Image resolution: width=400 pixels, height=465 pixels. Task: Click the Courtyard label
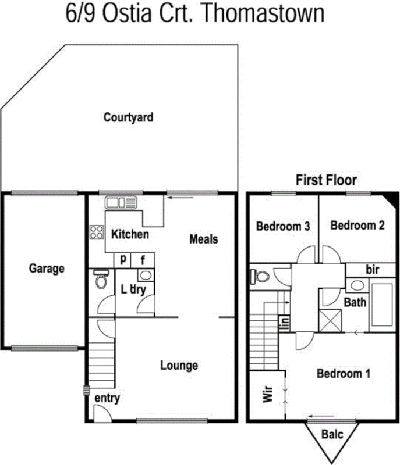tap(128, 117)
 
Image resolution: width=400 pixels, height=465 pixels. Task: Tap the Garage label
tap(47, 269)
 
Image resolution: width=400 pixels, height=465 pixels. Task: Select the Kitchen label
tap(130, 235)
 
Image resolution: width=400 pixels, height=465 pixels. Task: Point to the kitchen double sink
tap(120, 202)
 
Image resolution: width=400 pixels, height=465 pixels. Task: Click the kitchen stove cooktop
tap(95, 233)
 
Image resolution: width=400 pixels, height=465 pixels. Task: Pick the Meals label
tap(203, 239)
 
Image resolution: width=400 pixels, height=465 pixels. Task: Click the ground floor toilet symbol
tap(101, 280)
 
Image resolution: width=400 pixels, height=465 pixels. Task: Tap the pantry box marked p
tap(123, 260)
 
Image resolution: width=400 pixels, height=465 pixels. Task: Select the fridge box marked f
tap(143, 260)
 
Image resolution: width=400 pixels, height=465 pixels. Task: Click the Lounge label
tap(179, 365)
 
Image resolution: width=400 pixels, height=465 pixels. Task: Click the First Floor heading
tap(326, 180)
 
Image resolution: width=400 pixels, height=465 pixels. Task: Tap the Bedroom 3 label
tap(283, 226)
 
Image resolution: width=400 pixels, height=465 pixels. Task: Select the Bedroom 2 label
tap(357, 226)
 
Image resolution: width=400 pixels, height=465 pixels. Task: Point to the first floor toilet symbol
tap(259, 276)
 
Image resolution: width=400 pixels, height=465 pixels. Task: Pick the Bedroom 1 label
tap(344, 374)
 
